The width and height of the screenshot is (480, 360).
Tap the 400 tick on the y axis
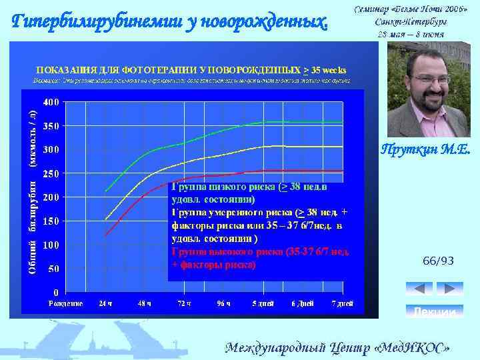pos(51,103)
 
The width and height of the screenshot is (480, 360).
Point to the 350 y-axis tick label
pos(51,126)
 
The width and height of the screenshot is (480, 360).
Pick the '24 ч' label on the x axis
pos(105,303)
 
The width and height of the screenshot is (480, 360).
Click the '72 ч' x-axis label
pos(184,303)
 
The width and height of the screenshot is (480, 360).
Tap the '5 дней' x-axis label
pos(263,303)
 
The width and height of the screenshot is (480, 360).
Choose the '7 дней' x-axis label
pos(341,303)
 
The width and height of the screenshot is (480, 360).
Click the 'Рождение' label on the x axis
pos(66,303)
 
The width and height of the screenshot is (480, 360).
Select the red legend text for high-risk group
pos(260,259)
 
